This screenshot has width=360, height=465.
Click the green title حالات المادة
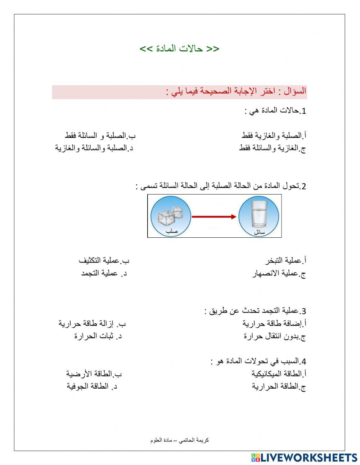(x=179, y=49)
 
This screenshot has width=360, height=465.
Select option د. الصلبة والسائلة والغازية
(x=94, y=148)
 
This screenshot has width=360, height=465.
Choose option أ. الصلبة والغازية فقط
(x=274, y=136)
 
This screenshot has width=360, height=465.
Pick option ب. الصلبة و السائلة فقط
(x=100, y=136)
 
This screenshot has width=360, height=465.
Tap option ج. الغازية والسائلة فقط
(x=273, y=148)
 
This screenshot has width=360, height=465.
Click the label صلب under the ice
(x=171, y=232)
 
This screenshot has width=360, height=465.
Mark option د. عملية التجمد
(x=104, y=273)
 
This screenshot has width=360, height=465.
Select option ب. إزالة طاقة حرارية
(x=93, y=323)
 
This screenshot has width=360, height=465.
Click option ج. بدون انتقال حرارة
(x=275, y=336)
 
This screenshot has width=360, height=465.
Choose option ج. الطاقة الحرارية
(x=279, y=386)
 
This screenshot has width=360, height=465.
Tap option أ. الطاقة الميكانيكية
(x=279, y=374)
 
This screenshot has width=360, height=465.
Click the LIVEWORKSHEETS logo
(x=304, y=457)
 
